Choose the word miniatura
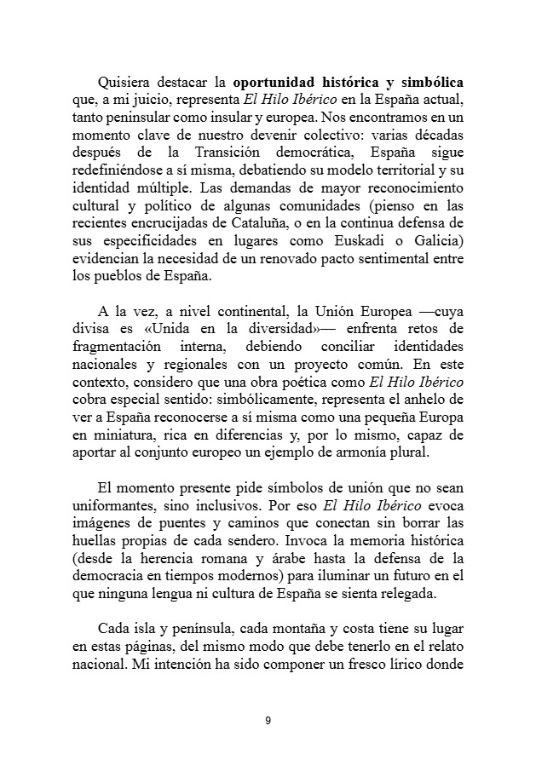(111, 434)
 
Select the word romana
(250, 558)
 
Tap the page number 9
(268, 721)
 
